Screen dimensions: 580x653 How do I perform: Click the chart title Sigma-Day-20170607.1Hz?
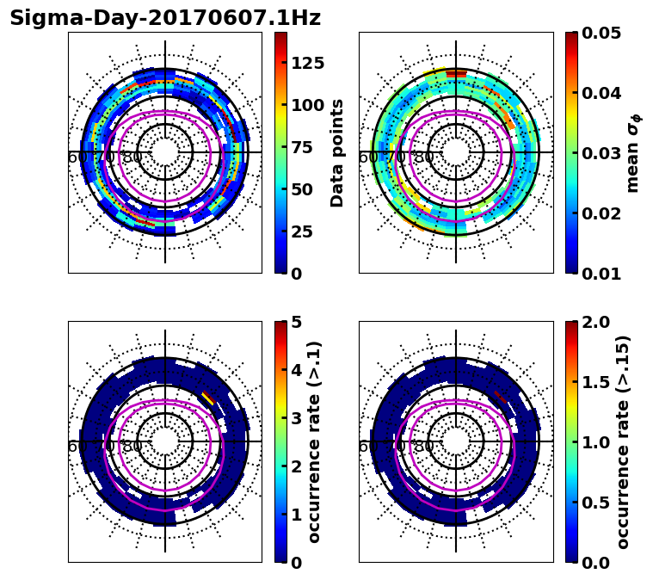pos(165,18)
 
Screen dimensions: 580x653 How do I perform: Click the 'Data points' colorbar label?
pos(337,152)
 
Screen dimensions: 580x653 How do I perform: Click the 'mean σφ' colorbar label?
pos(632,152)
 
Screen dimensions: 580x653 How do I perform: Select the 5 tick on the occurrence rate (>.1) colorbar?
pos(297,323)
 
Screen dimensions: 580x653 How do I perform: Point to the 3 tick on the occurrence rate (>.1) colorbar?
pos(297,419)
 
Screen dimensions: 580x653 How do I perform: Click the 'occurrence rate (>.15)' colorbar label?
pos(624,441)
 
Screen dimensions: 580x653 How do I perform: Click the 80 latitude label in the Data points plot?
pos(132,157)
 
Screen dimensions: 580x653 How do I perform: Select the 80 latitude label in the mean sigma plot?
pos(423,157)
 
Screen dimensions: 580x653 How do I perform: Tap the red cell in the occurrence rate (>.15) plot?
pos(501,397)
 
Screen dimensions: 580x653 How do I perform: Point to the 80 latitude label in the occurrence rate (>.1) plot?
pos(132,447)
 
